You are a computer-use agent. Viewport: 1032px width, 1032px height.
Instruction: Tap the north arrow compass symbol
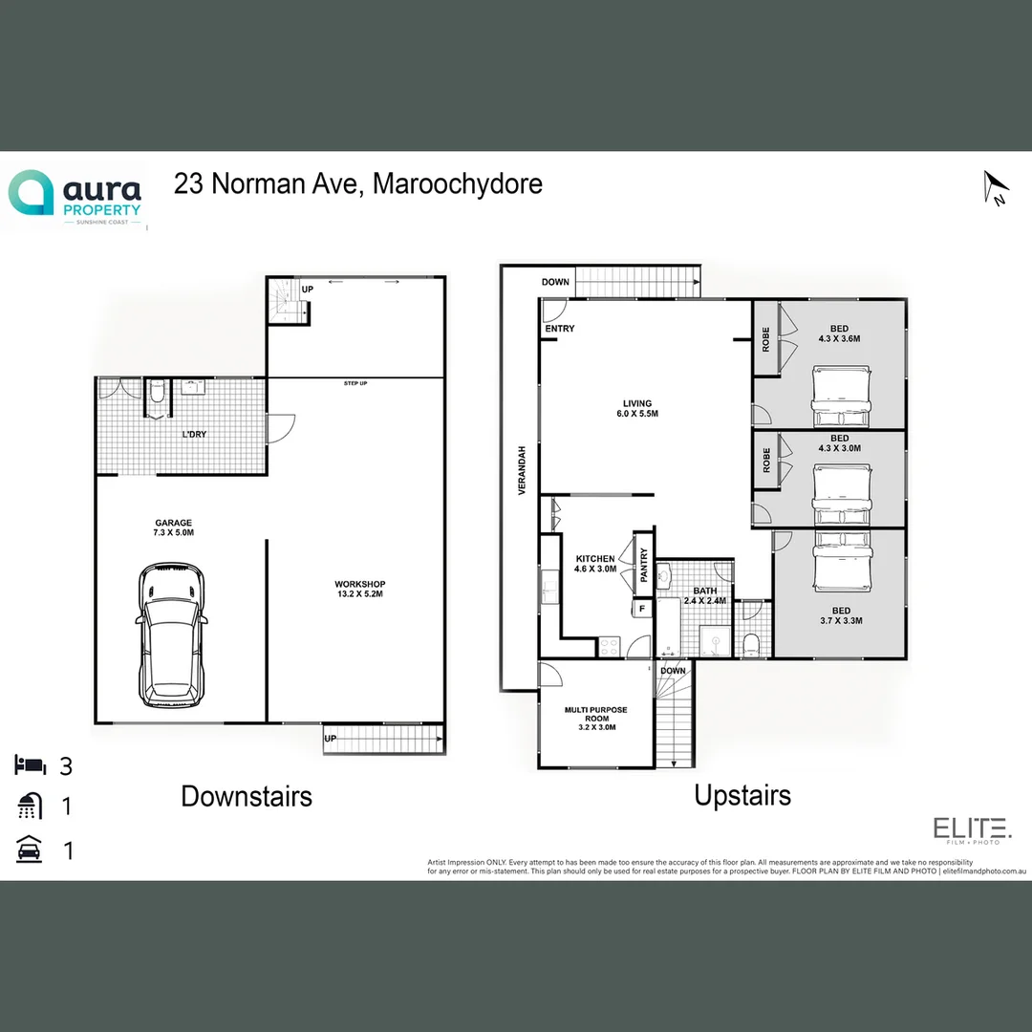tap(995, 187)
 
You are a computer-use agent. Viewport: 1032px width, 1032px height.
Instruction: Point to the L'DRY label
tap(194, 435)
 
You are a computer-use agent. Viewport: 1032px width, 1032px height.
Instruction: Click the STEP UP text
tap(356, 384)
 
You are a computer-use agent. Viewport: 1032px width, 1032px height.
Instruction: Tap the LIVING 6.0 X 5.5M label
tap(637, 408)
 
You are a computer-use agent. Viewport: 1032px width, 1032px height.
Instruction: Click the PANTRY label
tap(644, 565)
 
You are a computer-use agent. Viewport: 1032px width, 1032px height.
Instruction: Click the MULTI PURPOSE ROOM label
tap(596, 718)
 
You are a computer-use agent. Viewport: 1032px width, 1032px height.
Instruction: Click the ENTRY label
tap(560, 330)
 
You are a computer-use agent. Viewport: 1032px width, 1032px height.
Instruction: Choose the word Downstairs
tap(247, 796)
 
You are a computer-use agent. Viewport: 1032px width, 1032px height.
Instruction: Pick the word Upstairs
tap(742, 795)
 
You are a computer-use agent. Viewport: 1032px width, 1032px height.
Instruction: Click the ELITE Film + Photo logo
tap(972, 830)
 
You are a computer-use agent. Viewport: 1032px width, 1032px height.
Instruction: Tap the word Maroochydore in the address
tap(457, 183)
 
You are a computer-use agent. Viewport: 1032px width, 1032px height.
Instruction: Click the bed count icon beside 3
tap(30, 765)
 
